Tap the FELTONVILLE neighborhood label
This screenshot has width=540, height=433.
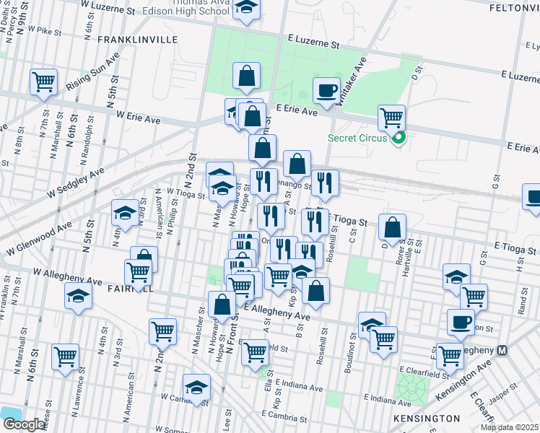click(515, 7)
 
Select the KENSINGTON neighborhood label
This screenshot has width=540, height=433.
click(427, 419)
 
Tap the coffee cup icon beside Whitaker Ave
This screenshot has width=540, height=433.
click(326, 90)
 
